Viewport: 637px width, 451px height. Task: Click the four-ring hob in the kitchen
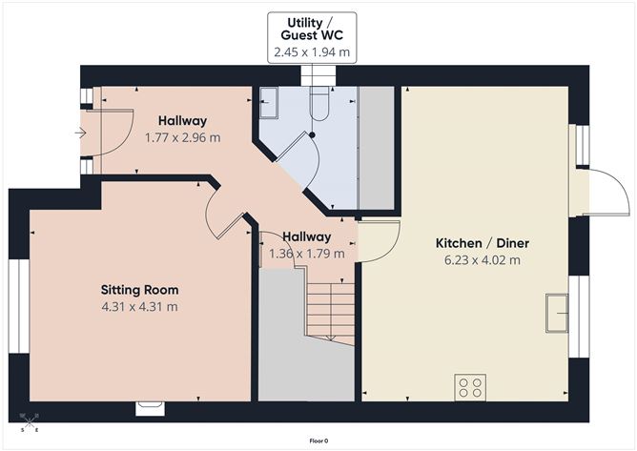point(470,388)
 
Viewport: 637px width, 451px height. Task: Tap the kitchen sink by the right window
point(554,314)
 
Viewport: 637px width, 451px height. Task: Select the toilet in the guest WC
point(320,104)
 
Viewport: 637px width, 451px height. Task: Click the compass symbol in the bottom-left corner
point(30,422)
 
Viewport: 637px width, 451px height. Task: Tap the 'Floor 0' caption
point(319,441)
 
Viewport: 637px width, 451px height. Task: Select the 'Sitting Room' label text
point(140,289)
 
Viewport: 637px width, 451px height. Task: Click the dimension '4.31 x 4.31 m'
point(140,306)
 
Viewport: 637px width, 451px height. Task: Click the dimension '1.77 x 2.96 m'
point(182,137)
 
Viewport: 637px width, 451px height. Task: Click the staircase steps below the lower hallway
point(329,310)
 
